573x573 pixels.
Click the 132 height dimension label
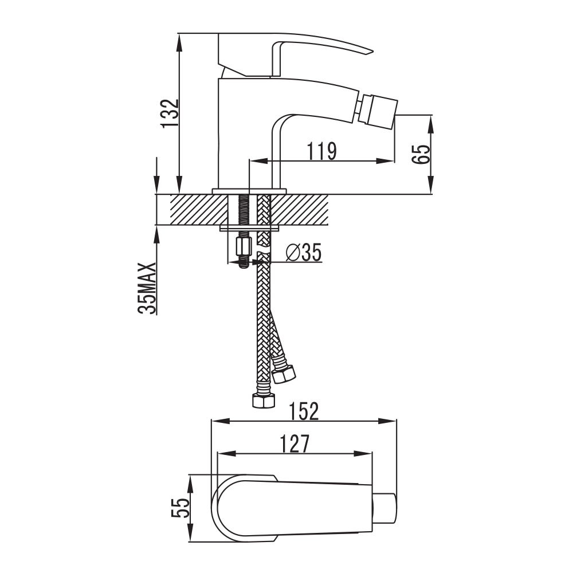pyautogui.click(x=170, y=113)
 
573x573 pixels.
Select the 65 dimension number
pyautogui.click(x=421, y=154)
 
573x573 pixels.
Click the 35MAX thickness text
pyautogui.click(x=147, y=288)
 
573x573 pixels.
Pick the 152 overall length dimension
pyautogui.click(x=304, y=411)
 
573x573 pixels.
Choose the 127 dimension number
pyautogui.click(x=295, y=444)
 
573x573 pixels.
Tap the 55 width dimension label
pyautogui.click(x=181, y=508)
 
